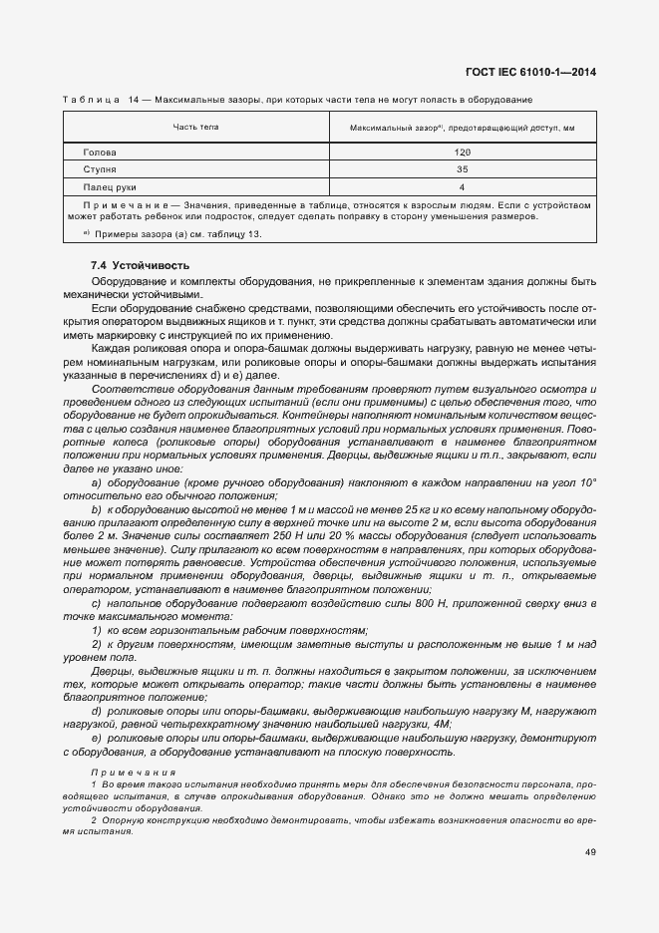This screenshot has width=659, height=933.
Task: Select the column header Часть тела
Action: (195, 128)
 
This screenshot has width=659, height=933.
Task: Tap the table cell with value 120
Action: (463, 153)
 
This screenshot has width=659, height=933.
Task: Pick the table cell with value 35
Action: (463, 169)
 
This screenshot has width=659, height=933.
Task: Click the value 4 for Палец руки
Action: (463, 186)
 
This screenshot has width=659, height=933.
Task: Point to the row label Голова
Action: (101, 153)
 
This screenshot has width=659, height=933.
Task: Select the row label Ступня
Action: (101, 169)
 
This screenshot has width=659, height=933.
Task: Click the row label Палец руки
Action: (110, 186)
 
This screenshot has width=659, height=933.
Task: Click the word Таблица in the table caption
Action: (91, 100)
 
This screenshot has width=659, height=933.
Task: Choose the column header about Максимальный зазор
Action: (463, 129)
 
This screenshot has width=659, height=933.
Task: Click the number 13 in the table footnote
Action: (253, 233)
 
